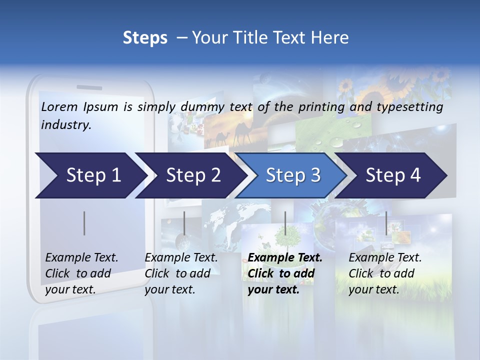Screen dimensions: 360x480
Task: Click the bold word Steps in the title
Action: (x=145, y=38)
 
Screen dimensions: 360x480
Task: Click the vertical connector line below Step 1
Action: (x=84, y=223)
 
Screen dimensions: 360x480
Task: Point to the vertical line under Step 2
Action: (x=184, y=223)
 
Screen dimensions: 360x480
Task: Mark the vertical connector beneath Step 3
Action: (x=285, y=223)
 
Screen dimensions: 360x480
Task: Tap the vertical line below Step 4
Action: (x=386, y=223)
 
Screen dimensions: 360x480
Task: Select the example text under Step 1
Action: (x=81, y=273)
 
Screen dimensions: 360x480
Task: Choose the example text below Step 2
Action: (x=181, y=273)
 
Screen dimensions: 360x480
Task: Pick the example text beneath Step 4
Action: (x=385, y=273)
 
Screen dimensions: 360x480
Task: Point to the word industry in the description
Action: (x=66, y=125)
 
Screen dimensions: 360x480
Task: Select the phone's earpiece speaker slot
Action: (x=89, y=87)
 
